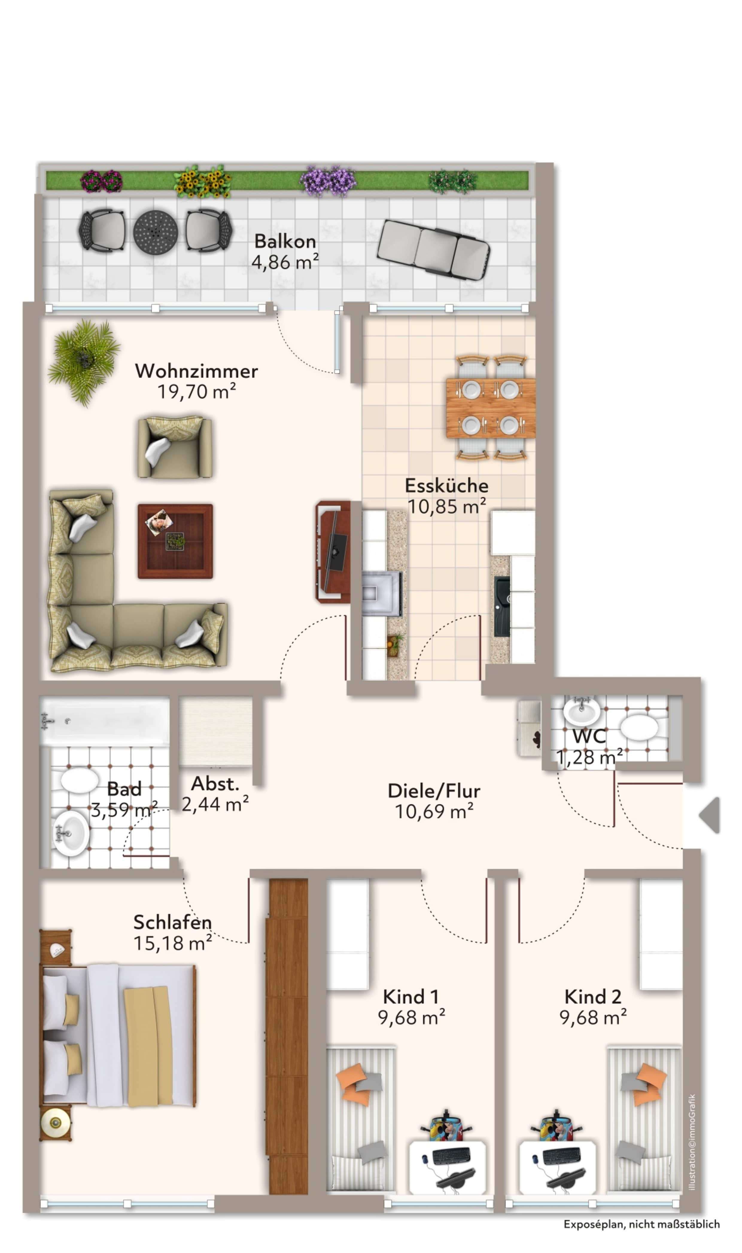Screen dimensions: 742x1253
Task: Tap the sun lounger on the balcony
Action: [x=433, y=249]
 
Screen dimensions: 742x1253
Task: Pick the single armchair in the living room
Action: [x=174, y=448]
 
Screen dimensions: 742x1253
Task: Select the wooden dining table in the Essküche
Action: [x=490, y=408]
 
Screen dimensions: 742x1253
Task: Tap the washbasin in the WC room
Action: [x=582, y=710]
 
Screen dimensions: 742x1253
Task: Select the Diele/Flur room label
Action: [x=434, y=791]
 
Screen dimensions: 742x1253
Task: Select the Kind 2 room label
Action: [x=593, y=997]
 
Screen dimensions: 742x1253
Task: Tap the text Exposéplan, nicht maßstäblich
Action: [x=642, y=1224]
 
